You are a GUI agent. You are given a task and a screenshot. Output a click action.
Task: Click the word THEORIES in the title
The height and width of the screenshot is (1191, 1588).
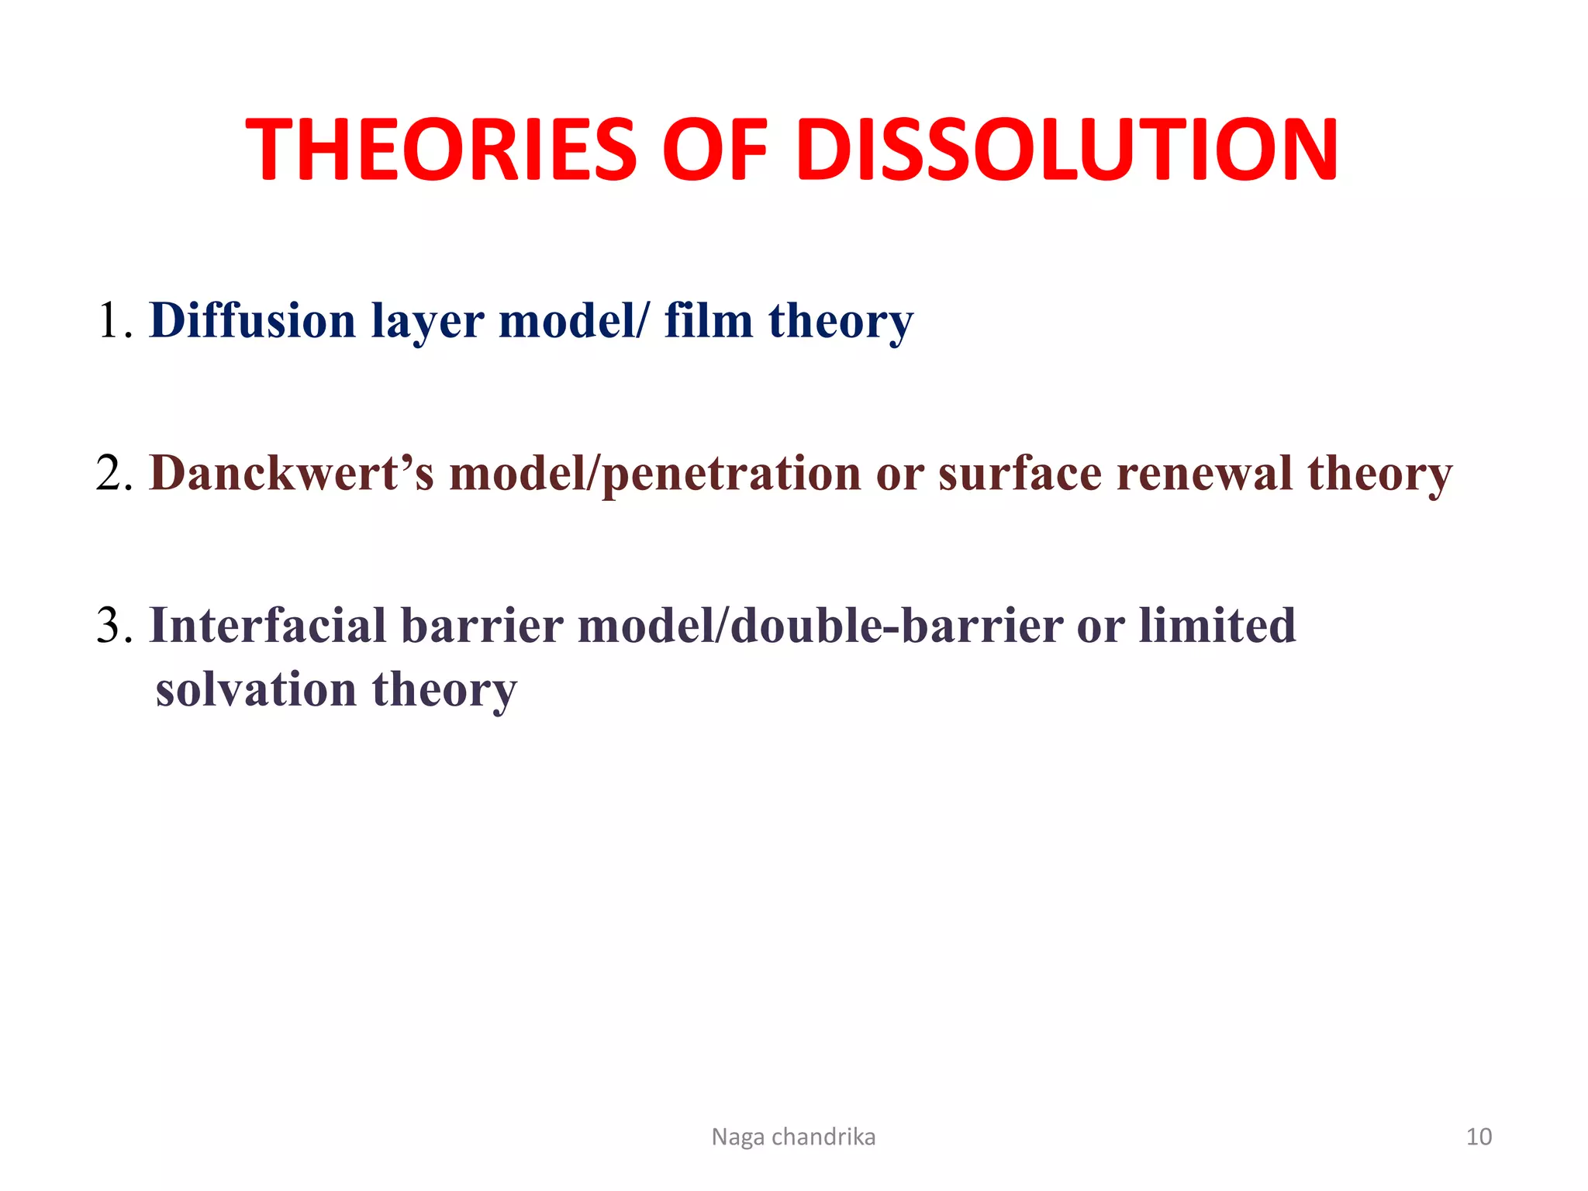(440, 150)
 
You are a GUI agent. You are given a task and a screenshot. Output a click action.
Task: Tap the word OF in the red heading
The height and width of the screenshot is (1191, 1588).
(714, 150)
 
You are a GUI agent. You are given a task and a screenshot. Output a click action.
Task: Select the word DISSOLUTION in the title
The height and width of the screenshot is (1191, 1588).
(1066, 150)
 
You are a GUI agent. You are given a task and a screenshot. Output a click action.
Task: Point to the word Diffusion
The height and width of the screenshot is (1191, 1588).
(252, 320)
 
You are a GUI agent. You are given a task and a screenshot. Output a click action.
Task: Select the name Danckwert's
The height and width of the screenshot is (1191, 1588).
(292, 473)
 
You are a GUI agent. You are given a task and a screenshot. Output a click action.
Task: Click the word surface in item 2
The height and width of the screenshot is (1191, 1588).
(1020, 473)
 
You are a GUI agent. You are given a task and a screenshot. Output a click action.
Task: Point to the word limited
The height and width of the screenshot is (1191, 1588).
(1217, 626)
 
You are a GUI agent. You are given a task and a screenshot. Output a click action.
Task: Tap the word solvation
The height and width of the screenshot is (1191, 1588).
(256, 689)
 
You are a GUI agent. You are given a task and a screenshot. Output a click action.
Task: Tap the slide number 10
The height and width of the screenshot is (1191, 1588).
(1479, 1137)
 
